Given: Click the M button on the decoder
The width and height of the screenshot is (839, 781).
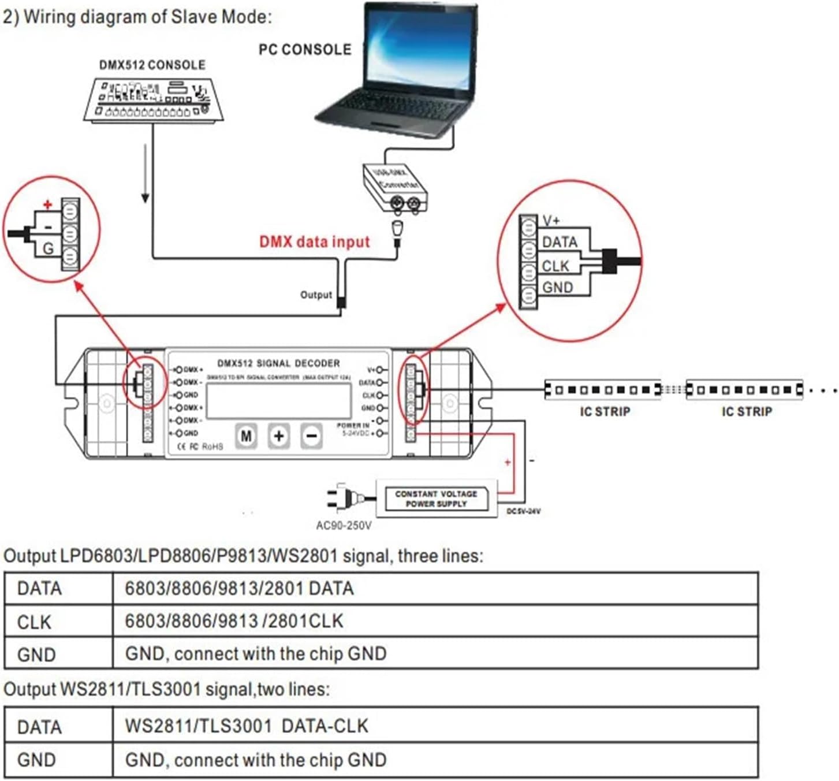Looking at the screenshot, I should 246,436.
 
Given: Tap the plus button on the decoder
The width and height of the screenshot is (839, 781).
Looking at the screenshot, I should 279,436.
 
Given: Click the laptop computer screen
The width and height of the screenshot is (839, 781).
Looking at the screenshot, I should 420,49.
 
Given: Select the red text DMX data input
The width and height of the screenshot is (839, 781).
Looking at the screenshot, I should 314,241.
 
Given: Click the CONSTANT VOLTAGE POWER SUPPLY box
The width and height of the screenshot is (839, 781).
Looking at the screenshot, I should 436,499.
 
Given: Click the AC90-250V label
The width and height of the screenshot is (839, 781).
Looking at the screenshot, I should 344,526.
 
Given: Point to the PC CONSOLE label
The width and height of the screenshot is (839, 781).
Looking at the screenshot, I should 304,50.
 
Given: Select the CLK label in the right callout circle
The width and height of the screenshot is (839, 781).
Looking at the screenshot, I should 555,266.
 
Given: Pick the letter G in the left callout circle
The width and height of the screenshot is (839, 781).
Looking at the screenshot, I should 48,249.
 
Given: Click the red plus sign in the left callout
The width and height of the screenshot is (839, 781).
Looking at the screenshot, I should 48,204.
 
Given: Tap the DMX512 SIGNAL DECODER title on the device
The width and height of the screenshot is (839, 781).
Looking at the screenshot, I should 278,363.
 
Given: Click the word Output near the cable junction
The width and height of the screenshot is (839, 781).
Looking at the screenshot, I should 316,295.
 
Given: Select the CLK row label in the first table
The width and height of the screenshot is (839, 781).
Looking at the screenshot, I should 35,622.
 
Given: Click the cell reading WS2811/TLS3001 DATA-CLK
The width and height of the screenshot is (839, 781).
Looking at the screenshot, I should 247,726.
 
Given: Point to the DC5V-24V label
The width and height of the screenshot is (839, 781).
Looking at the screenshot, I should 524,511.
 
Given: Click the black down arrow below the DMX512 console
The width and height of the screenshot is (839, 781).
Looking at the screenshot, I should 146,173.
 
